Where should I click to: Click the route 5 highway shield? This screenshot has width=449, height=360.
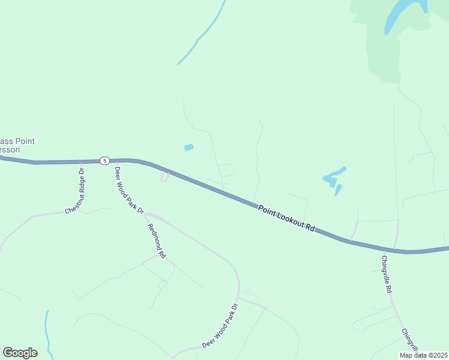pyautogui.click(x=104, y=160)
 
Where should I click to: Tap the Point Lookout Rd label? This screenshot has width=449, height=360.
pyautogui.click(x=287, y=219)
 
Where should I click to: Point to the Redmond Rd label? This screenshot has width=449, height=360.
pyautogui.click(x=157, y=240)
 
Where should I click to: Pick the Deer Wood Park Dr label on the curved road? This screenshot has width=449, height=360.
pyautogui.click(x=220, y=326)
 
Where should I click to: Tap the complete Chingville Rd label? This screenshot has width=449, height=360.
pyautogui.click(x=387, y=274)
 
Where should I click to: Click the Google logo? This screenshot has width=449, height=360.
pyautogui.click(x=20, y=353)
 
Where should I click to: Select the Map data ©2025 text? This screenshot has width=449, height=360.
pyautogui.click(x=423, y=355)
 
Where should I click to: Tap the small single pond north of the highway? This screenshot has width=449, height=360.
pyautogui.click(x=189, y=147)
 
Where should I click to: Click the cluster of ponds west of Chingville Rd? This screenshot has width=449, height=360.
pyautogui.click(x=334, y=179)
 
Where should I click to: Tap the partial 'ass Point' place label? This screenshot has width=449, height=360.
pyautogui.click(x=17, y=141)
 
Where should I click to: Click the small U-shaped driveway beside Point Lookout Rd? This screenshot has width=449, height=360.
pyautogui.click(x=164, y=176)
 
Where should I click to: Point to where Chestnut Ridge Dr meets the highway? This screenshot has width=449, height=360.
pyautogui.click(x=82, y=161)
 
